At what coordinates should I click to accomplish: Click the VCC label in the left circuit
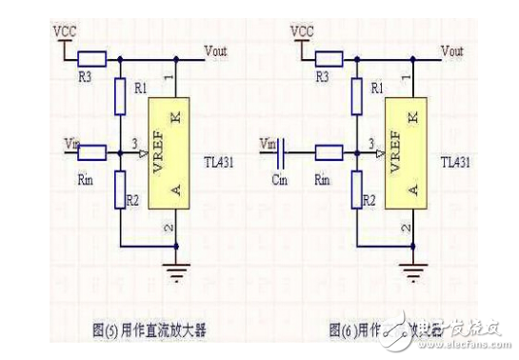pos(64,30)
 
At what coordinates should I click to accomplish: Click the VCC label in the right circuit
pos(302,30)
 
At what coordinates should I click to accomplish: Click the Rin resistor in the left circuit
pos(91,151)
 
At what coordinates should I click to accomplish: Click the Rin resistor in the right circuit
pos(329,151)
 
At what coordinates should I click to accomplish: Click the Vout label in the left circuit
pos(218,49)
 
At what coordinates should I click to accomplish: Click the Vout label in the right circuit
pos(455,49)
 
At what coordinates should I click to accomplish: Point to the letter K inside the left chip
pos(173,117)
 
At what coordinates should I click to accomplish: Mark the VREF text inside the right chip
pos(393,150)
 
